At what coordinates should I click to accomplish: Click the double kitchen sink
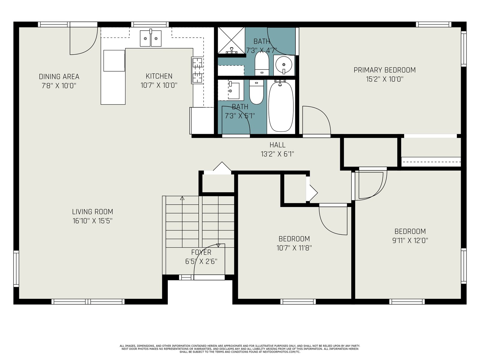[x=151, y=38]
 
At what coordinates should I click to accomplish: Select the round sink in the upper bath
[x=283, y=65]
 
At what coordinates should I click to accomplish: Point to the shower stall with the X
[x=231, y=40]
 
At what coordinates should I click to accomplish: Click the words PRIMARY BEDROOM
[x=384, y=70]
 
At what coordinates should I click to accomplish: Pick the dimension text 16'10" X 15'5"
[x=92, y=221]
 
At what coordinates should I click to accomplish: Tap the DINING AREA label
[x=59, y=76]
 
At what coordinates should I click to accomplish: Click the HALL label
[x=277, y=145]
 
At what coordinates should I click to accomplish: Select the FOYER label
[x=201, y=252]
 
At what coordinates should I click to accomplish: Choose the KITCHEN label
[x=159, y=76]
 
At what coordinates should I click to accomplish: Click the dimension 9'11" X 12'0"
[x=410, y=240]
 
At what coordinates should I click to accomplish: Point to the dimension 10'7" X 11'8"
[x=294, y=248]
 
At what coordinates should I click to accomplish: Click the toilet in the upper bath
[x=262, y=63]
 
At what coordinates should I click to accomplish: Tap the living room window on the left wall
[x=16, y=268]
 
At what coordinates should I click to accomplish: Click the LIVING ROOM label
[x=92, y=211]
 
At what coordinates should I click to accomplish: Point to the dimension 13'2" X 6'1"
[x=277, y=154]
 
